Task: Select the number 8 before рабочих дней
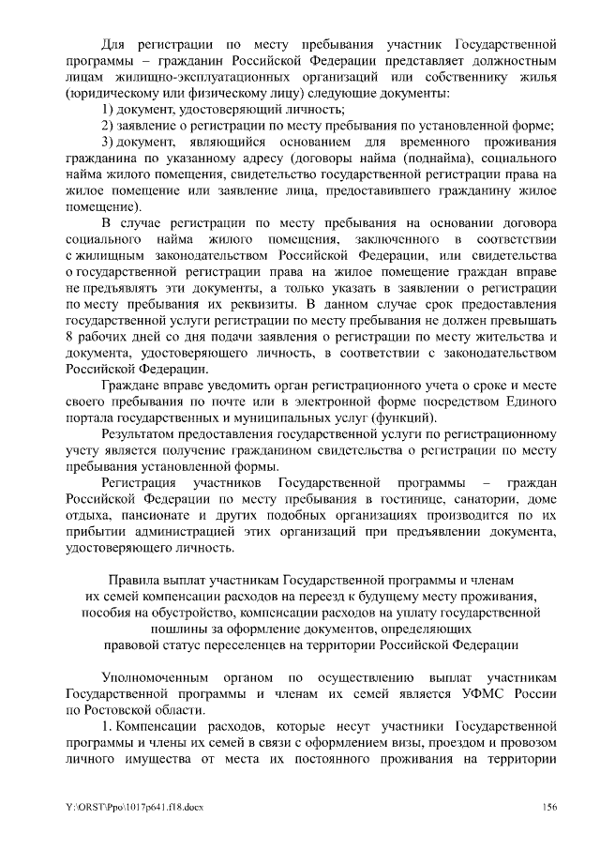point(71,341)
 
